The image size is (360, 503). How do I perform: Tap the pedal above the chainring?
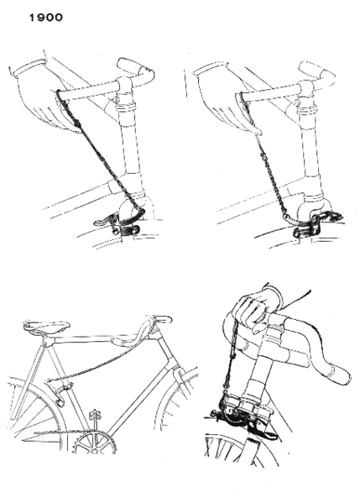click(x=94, y=413)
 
